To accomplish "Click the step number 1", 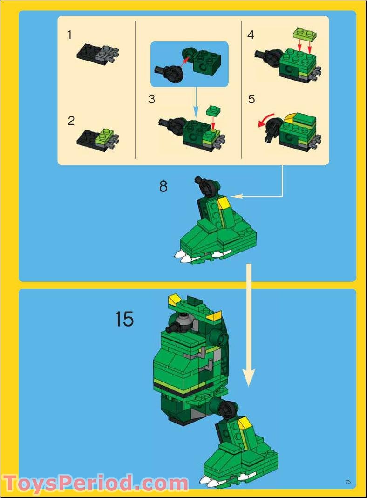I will [x=70, y=34].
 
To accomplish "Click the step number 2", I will [x=71, y=121].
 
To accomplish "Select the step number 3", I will [x=152, y=99].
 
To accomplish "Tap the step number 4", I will [x=251, y=35].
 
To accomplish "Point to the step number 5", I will [x=251, y=99].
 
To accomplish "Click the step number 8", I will [x=163, y=186].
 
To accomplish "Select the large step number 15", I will [x=124, y=320].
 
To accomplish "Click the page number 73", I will [x=347, y=482].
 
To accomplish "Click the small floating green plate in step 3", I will [x=214, y=110].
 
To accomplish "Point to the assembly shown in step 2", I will [x=97, y=138].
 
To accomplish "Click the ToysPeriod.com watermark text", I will [x=95, y=483].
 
